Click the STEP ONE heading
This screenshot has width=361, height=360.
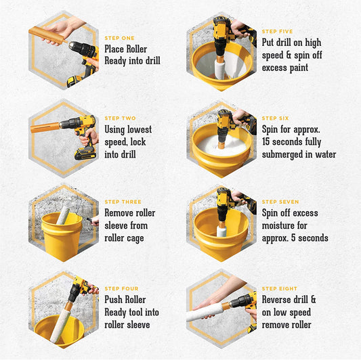coord(119,38)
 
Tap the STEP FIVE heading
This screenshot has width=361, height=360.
coord(277,32)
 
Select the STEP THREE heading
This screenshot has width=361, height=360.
coord(123,202)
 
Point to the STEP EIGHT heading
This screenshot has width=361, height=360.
coord(279,289)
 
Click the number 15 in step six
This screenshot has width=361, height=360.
coord(266,141)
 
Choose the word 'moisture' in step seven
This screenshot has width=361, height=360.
coord(284,225)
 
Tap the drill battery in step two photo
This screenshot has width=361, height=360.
coord(85,154)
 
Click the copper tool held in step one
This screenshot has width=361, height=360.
coord(47,35)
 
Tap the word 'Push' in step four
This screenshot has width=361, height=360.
coord(114,300)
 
